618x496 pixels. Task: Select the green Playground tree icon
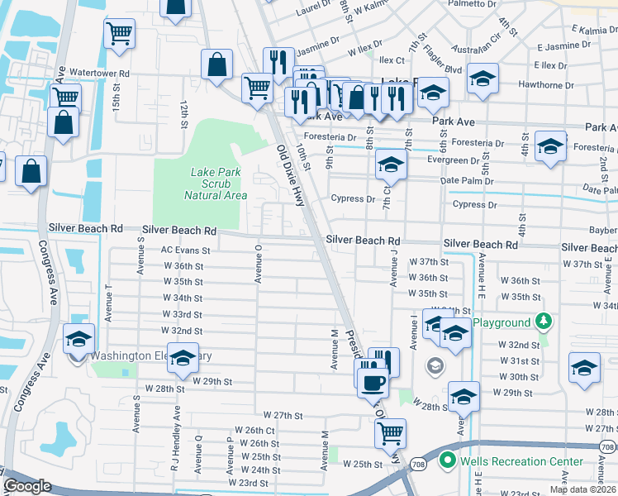tap(544, 321)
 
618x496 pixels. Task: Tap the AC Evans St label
tap(186, 249)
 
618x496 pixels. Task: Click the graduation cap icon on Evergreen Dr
tap(391, 164)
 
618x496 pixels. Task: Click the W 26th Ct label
tap(254, 430)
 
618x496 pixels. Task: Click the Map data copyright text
tap(582, 489)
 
